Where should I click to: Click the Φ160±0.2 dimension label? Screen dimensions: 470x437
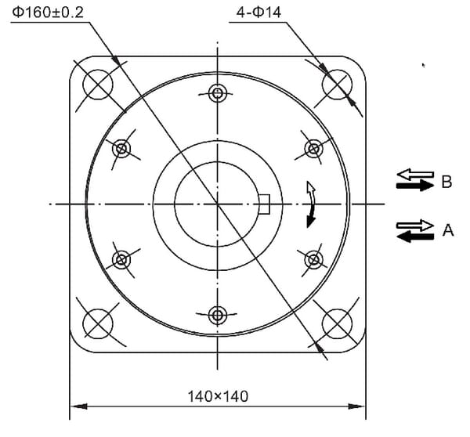point(48,13)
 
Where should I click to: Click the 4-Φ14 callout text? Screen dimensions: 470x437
point(259,13)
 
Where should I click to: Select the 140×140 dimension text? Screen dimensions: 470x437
point(218,396)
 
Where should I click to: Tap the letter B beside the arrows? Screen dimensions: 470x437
point(446,182)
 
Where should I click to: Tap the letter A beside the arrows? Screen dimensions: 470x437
point(448,230)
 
